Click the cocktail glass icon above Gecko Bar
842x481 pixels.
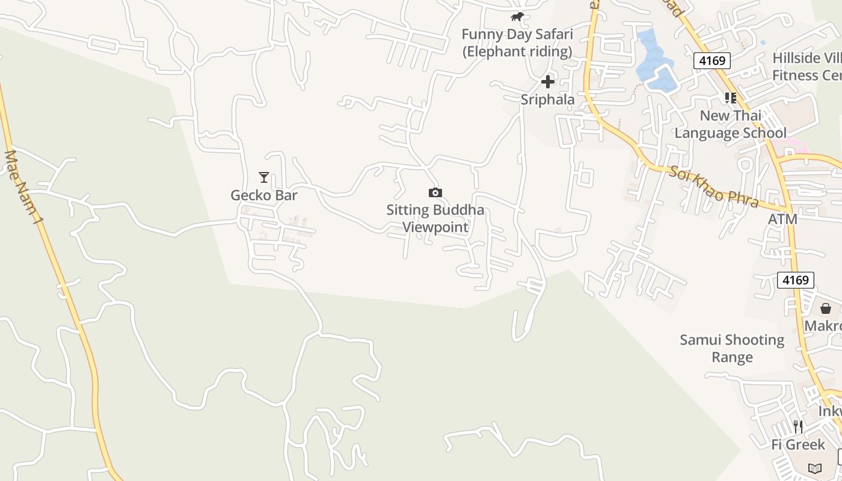[264, 177]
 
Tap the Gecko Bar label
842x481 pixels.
[264, 195]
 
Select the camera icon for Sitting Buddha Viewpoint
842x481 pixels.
[435, 192]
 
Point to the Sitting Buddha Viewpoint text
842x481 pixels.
[435, 218]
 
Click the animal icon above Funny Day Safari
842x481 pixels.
[517, 17]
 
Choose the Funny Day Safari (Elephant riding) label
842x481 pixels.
[517, 43]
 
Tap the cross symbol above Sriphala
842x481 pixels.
[547, 82]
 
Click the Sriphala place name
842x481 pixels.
[547, 99]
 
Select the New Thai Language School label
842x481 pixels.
[730, 124]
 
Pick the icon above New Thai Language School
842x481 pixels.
[731, 97]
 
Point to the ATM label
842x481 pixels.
[782, 219]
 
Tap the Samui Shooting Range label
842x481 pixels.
[732, 349]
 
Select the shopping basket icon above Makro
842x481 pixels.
[826, 308]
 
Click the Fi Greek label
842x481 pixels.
[798, 444]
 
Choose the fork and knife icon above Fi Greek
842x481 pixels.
[798, 427]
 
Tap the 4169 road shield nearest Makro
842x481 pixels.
[796, 280]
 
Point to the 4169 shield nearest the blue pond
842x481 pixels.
[712, 60]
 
